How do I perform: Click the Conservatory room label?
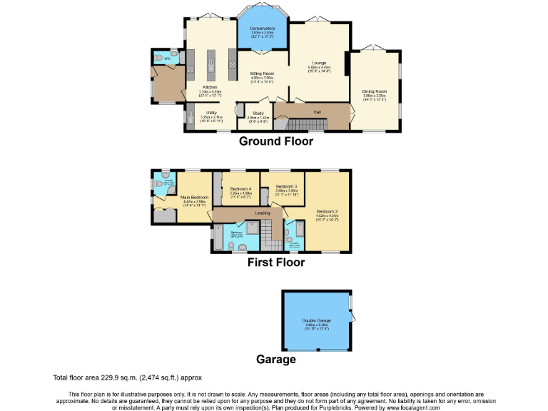click(262, 29)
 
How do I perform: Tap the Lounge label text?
click(319, 63)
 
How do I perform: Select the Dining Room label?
click(375, 91)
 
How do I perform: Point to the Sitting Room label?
click(262, 73)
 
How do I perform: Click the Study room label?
click(258, 113)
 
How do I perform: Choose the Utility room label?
click(211, 113)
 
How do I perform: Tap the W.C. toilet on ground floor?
click(157, 58)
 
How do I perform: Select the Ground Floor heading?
click(275, 141)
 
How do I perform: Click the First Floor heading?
click(275, 263)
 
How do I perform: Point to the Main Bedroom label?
click(194, 197)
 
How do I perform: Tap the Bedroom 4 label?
click(240, 188)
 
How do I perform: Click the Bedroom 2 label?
click(327, 211)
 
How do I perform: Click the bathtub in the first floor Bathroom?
click(215, 239)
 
